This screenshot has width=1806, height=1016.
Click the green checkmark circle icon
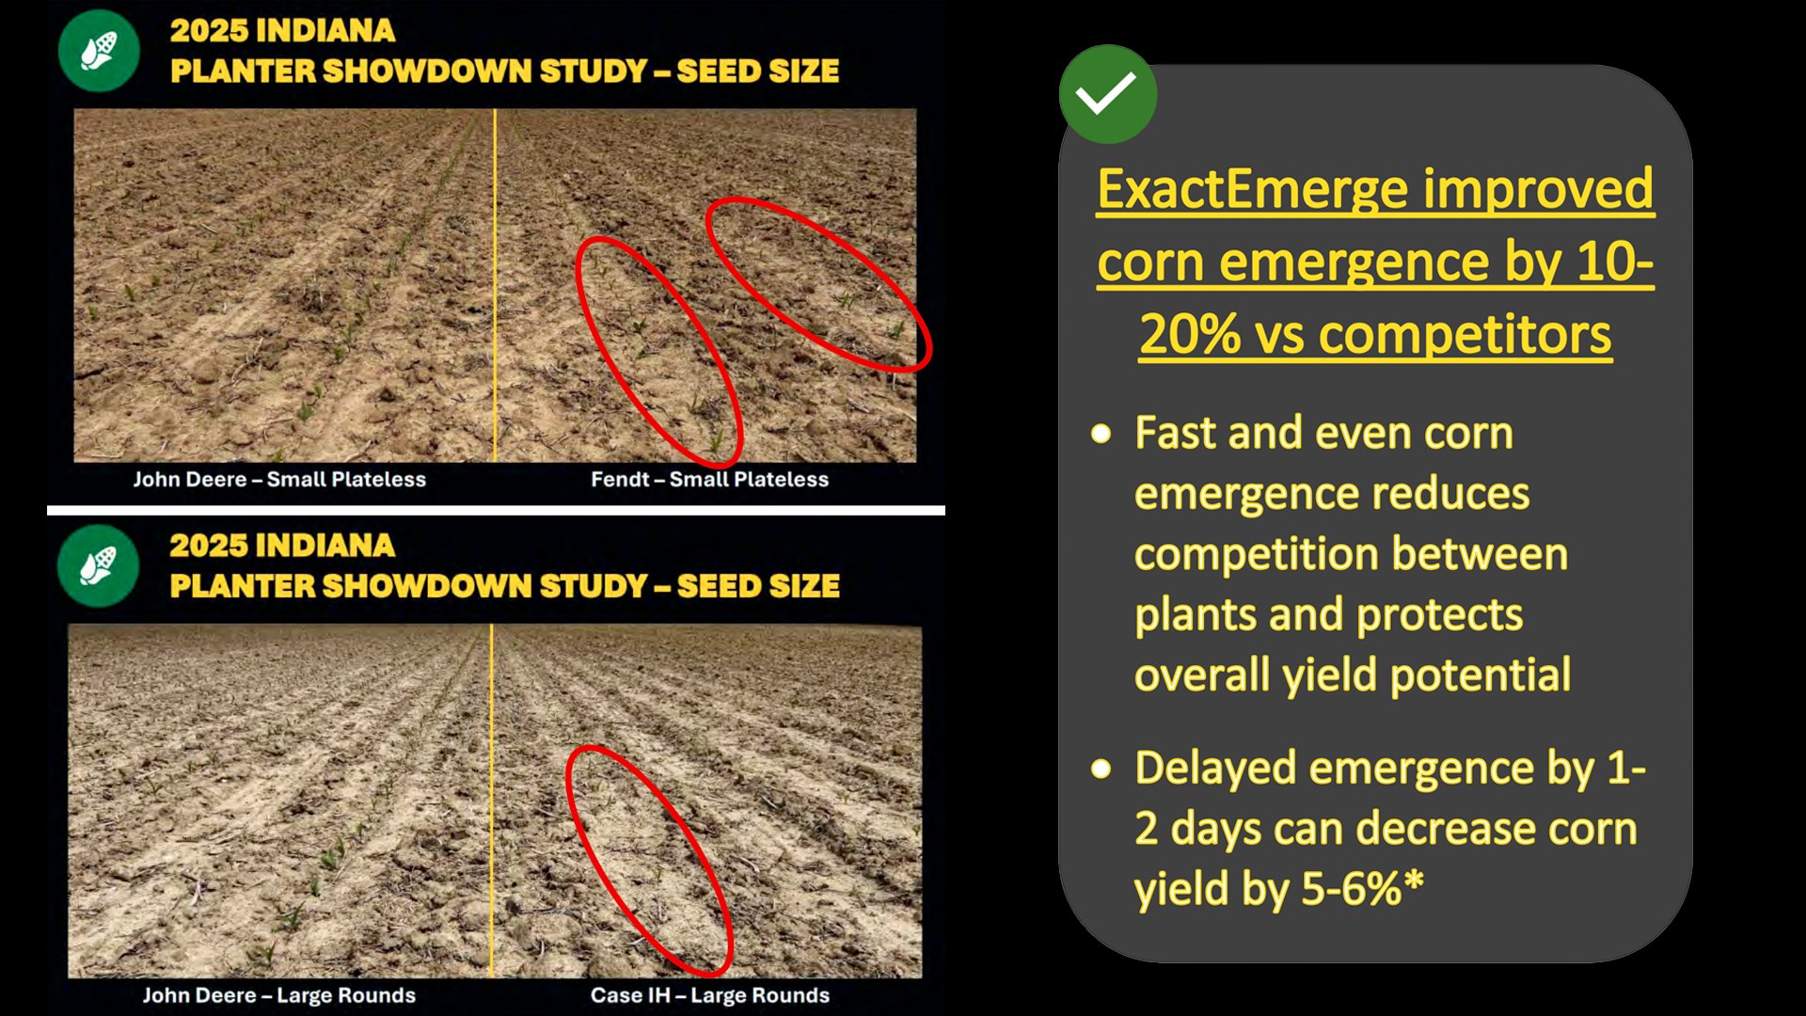(1107, 94)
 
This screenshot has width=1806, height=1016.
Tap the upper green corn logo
(99, 51)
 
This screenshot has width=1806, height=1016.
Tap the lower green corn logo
(99, 566)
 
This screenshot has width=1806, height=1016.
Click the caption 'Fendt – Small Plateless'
(709, 480)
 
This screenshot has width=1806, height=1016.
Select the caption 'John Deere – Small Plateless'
(279, 480)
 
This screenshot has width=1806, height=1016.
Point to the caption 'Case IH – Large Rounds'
(710, 995)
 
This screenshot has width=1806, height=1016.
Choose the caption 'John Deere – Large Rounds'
(279, 995)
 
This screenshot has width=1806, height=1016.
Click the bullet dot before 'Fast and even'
(1101, 434)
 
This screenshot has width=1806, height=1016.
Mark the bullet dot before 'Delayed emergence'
(1101, 769)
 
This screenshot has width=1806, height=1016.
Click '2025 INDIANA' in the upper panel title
(282, 30)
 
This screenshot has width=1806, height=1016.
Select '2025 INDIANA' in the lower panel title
(282, 546)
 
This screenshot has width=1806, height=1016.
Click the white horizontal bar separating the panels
(496, 511)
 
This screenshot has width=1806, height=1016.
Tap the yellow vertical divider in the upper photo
(495, 285)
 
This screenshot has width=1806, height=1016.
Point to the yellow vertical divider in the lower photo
(491, 801)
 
